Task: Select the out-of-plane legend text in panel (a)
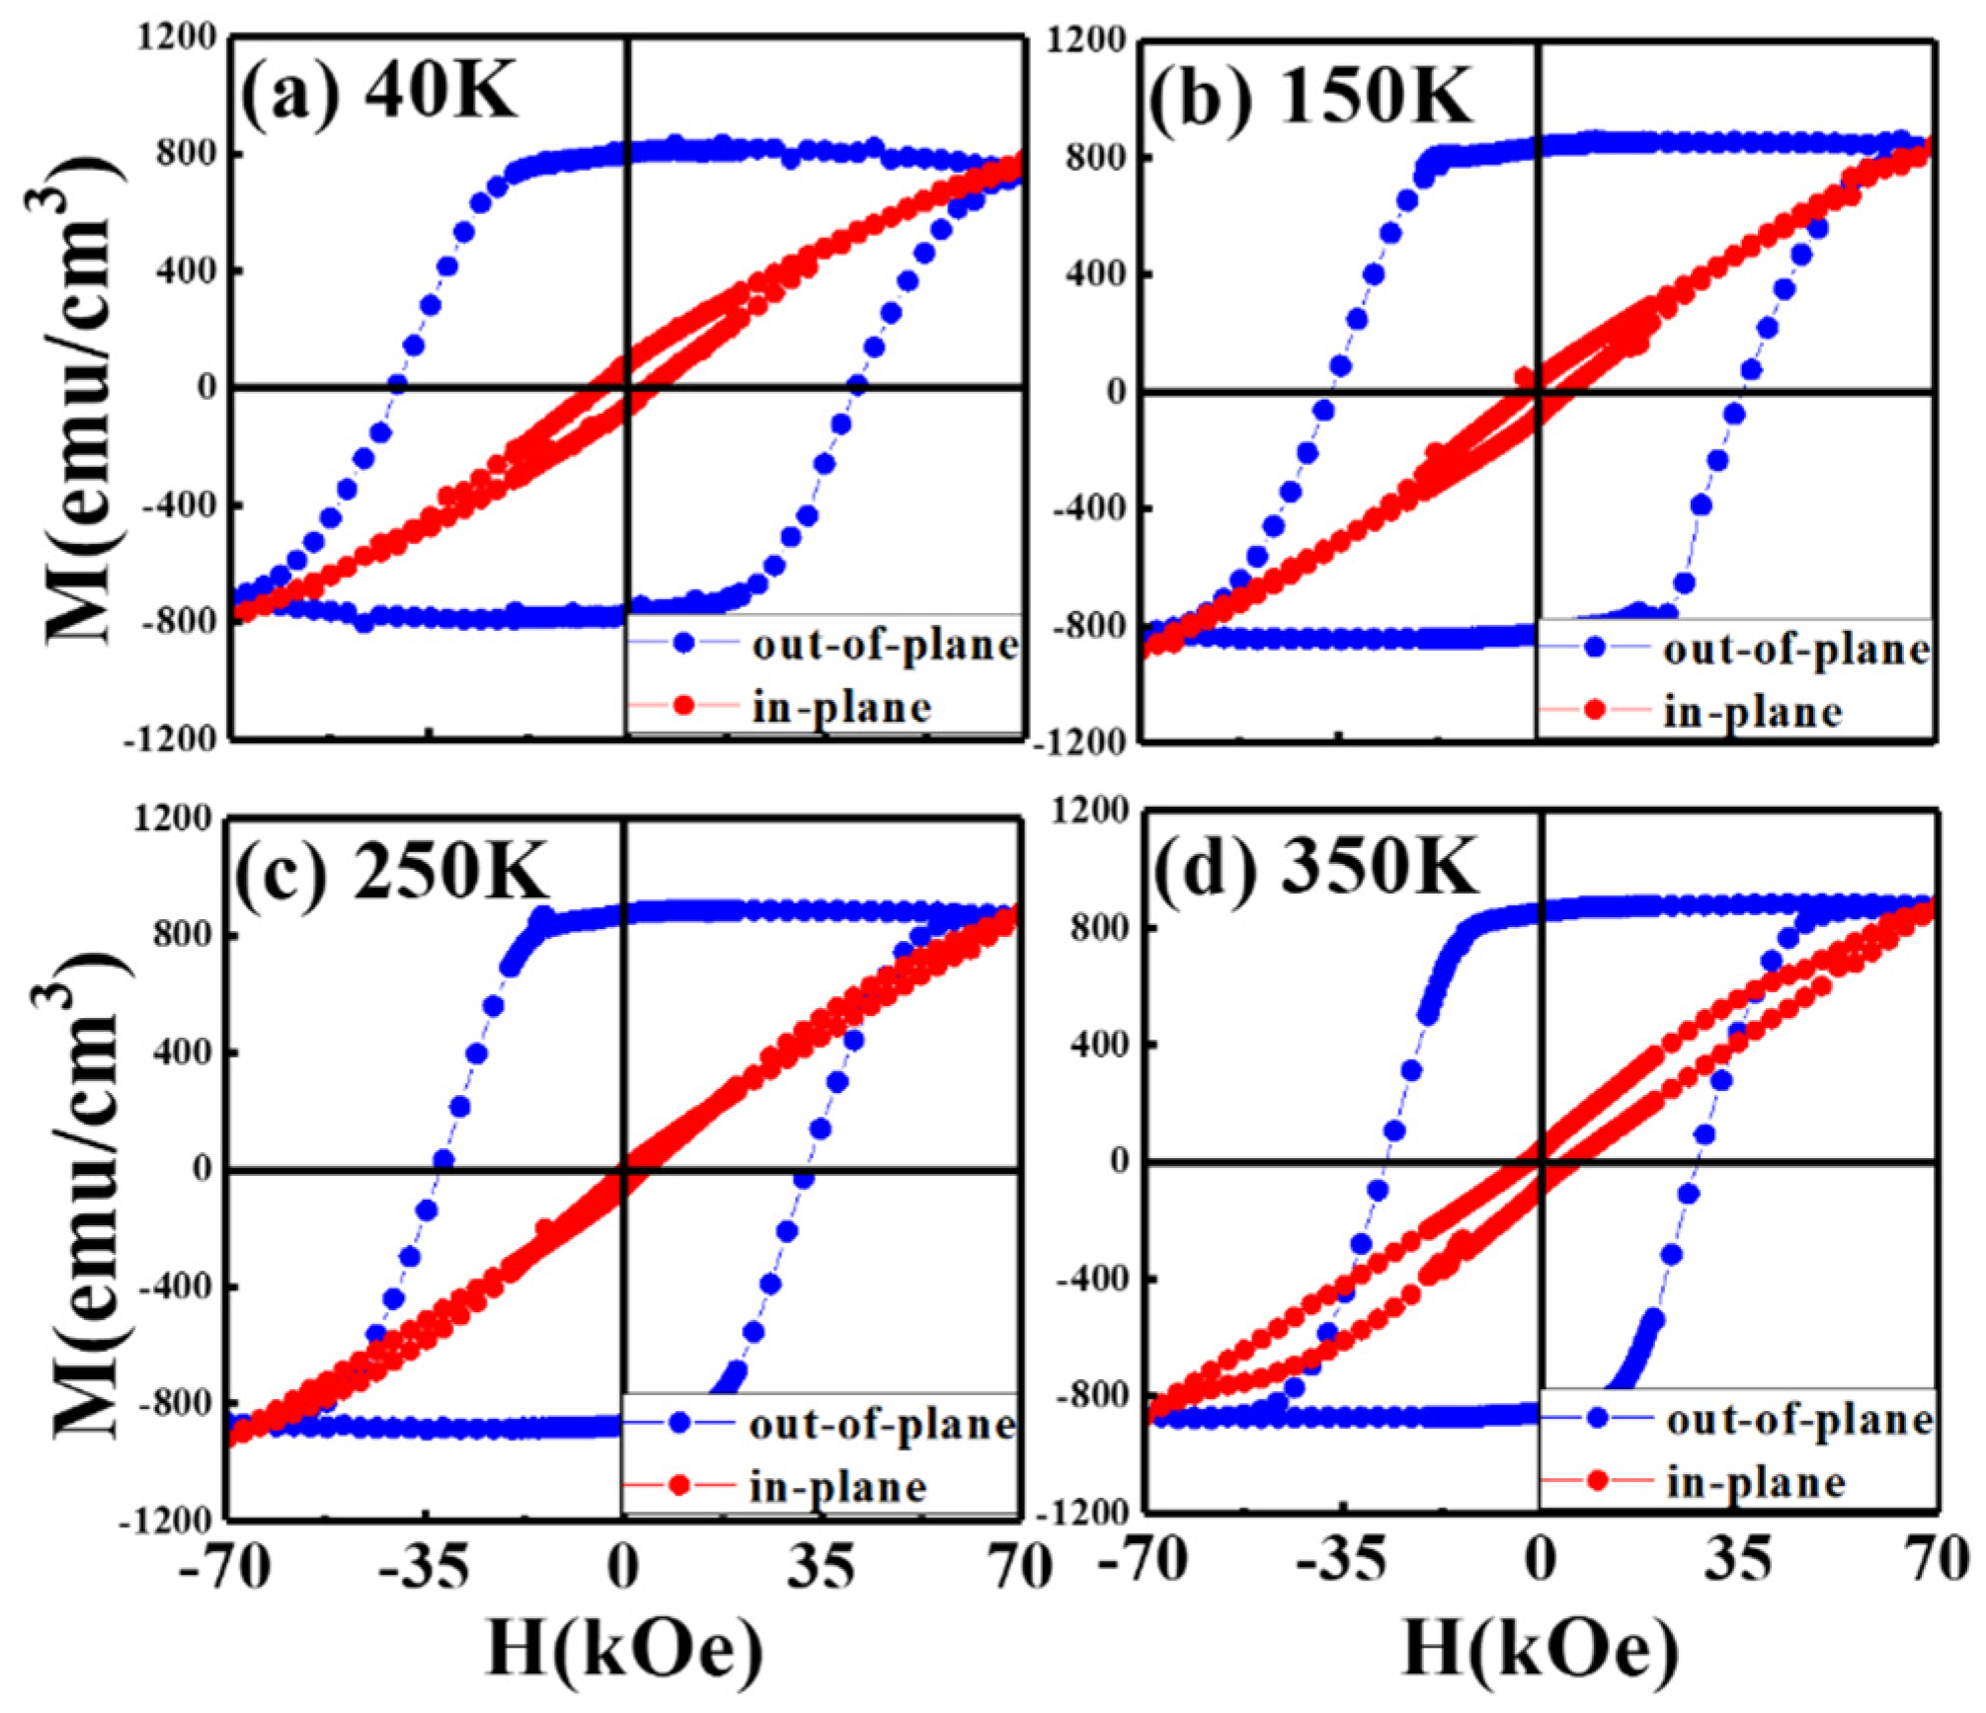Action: click(884, 646)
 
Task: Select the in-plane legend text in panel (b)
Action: click(1752, 712)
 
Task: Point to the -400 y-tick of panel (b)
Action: click(1088, 509)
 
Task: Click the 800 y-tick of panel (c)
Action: click(184, 935)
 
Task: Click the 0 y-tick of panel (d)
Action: click(1120, 1161)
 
